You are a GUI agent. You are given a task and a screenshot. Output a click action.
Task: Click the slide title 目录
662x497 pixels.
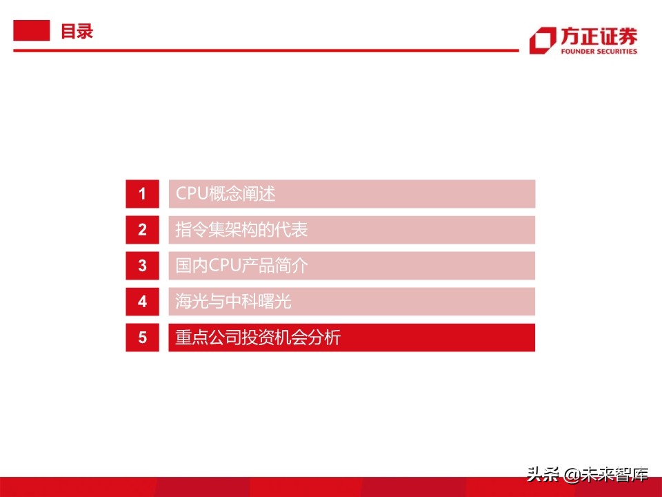coord(77,31)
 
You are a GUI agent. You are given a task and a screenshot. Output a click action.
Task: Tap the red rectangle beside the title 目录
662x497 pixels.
coord(32,30)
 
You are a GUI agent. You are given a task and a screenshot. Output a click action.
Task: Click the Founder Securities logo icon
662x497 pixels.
coord(542,40)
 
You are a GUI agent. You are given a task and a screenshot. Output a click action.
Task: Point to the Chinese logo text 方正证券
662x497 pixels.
coord(599,36)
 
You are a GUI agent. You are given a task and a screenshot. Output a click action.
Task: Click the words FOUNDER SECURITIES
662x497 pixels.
coord(599,51)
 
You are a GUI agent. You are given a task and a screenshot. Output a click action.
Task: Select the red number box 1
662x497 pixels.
coord(142,194)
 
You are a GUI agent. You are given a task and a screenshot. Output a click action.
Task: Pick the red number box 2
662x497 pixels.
coord(142,230)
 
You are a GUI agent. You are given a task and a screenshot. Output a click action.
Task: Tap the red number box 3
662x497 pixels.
coord(142,266)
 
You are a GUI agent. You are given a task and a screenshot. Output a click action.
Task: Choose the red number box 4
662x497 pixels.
coord(142,302)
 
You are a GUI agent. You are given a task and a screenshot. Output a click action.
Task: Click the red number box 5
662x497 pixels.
coord(142,338)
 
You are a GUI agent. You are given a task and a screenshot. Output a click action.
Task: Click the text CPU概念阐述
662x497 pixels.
coord(225,194)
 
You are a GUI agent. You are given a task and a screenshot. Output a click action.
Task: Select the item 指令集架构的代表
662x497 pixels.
coord(241,230)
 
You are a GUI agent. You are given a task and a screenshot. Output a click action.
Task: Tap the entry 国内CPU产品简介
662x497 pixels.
coord(241,266)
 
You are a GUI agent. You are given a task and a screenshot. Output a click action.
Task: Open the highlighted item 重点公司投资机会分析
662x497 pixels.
coord(257,338)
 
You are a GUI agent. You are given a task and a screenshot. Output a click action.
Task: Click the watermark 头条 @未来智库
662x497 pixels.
coord(588,475)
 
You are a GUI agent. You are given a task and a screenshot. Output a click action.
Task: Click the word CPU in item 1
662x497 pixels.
coord(191,194)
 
